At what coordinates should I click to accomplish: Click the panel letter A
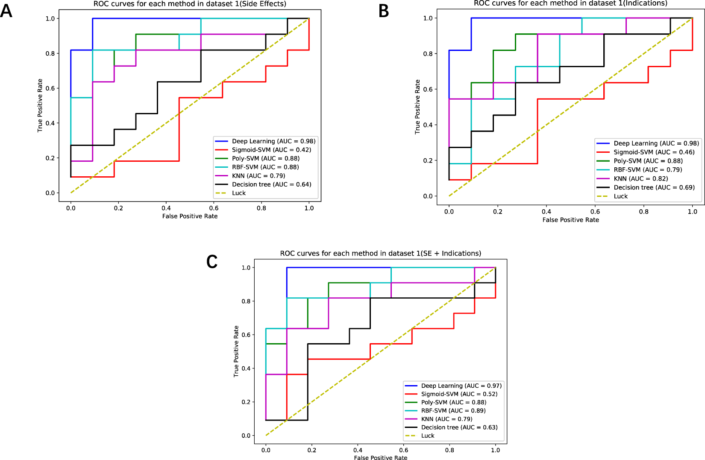tap(6, 11)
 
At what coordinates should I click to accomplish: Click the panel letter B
tap(384, 11)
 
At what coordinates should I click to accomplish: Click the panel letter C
tap(212, 261)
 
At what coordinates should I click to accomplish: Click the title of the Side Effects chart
tap(190, 4)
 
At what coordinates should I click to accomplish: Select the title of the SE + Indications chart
tap(380, 253)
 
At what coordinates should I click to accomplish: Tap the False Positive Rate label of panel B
tap(570, 220)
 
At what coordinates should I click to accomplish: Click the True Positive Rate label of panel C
tap(236, 351)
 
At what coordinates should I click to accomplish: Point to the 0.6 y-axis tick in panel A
tap(50, 88)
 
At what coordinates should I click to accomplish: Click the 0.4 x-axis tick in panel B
tap(546, 211)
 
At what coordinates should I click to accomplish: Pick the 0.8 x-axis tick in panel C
tap(449, 450)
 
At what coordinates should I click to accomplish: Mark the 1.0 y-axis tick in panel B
tap(428, 18)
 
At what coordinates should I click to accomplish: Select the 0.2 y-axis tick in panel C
tap(246, 402)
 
